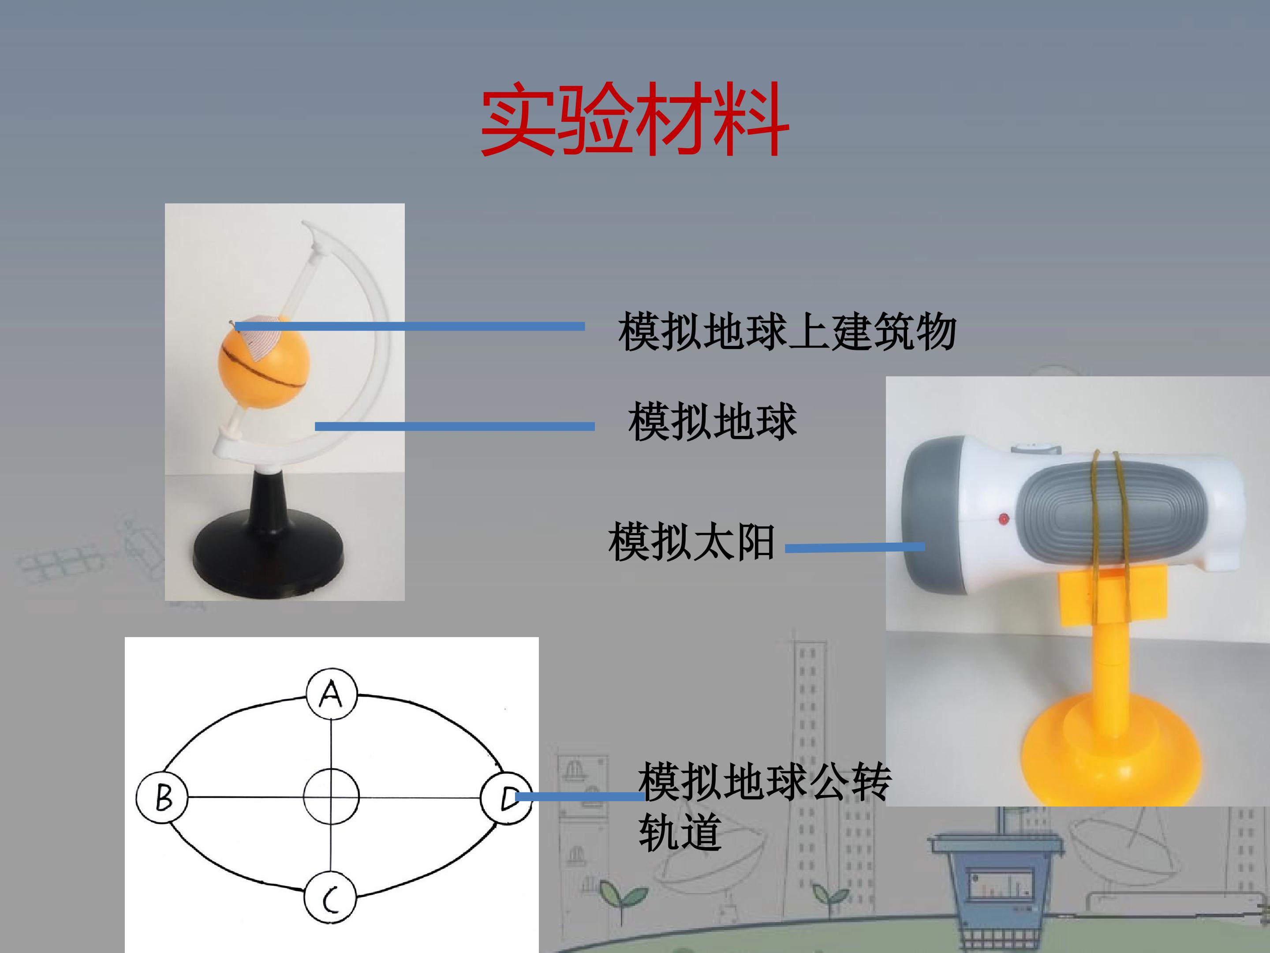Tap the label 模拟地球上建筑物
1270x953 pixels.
(787, 331)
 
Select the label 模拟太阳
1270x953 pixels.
(692, 541)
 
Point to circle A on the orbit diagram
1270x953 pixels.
(331, 694)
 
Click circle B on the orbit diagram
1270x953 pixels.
(162, 798)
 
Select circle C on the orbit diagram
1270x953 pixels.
(330, 898)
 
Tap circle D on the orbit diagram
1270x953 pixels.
(506, 797)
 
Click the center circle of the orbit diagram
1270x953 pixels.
(331, 797)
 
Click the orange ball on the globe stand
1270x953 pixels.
(264, 364)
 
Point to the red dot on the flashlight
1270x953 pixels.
(1004, 519)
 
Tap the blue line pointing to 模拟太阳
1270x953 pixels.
(855, 548)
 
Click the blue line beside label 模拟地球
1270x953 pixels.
(455, 426)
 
